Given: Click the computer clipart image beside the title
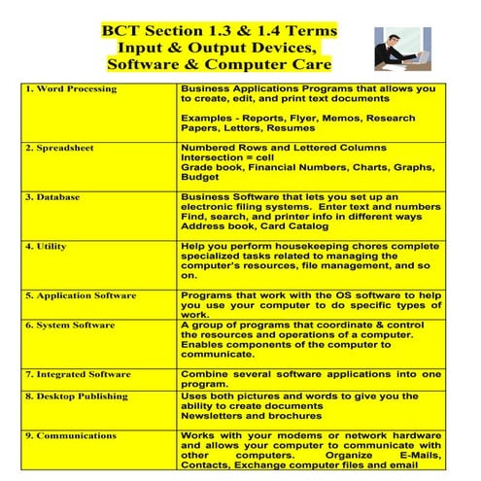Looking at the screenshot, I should point(406,49).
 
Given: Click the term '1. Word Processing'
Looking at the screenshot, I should point(71,89).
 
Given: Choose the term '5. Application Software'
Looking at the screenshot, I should point(81,295).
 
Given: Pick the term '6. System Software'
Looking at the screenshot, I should point(71,325).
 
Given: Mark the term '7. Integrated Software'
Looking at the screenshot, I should point(78,373).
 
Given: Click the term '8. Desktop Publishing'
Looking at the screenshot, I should point(77,396).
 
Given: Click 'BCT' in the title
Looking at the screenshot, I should point(121,30).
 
